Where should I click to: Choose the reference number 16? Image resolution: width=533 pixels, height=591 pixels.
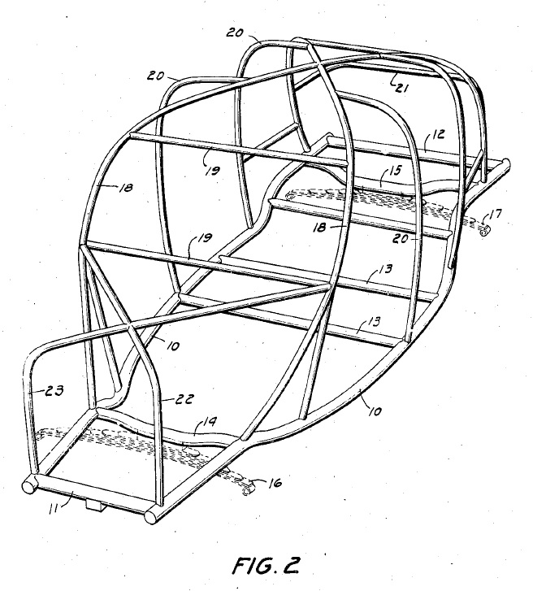[x=275, y=483]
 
